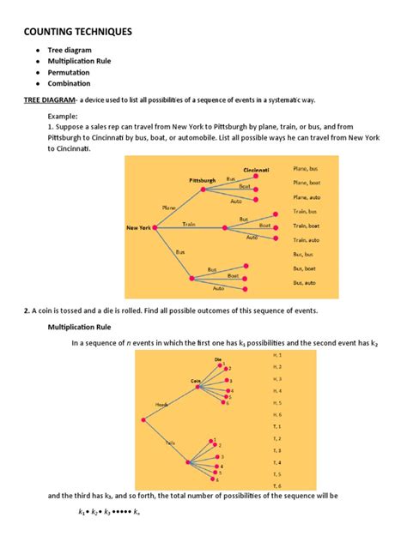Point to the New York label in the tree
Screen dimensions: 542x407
139,228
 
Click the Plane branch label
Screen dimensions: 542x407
169,208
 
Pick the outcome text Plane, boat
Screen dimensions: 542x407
307,183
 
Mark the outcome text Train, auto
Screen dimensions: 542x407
307,239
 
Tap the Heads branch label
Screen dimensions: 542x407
161,404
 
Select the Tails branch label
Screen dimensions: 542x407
171,443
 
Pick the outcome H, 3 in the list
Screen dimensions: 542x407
277,378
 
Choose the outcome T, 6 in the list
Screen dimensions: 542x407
277,486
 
